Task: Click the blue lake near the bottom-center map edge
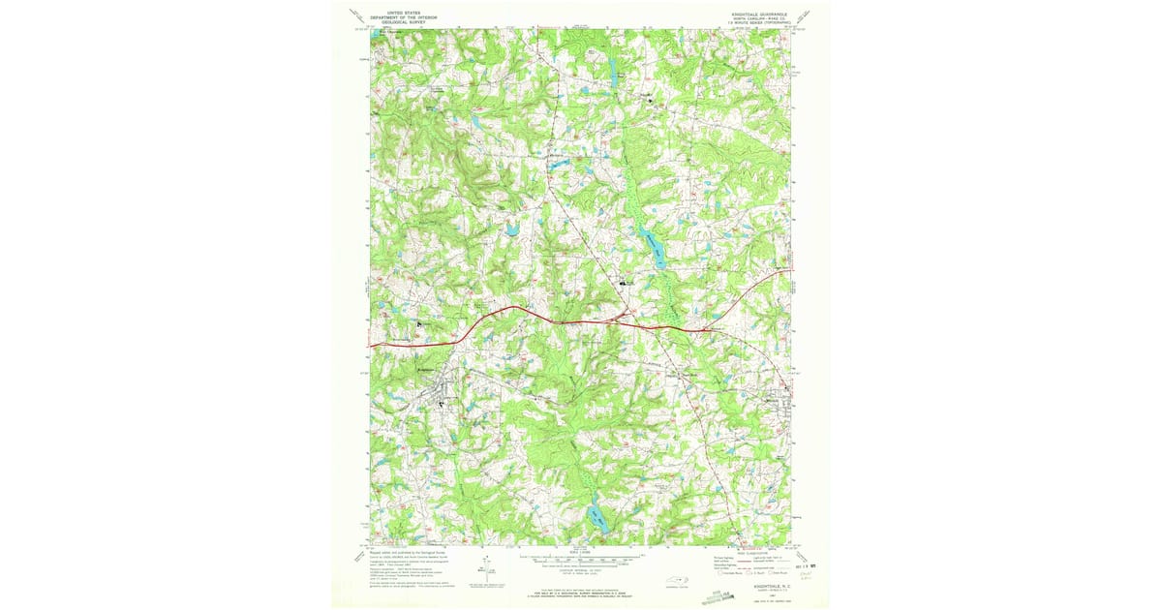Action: (x=593, y=517)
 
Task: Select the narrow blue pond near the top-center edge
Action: (x=612, y=67)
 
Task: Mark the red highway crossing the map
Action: (x=581, y=323)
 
